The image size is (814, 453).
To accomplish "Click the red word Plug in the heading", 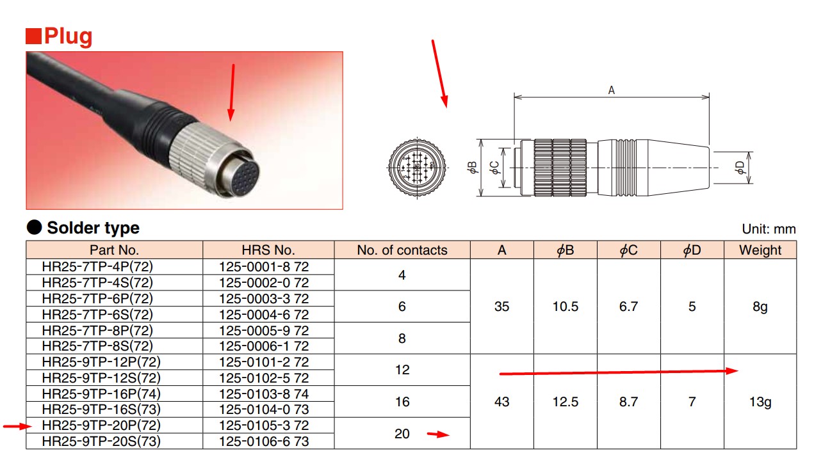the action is click(x=69, y=37).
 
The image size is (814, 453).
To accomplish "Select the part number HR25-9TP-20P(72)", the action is click(x=101, y=425).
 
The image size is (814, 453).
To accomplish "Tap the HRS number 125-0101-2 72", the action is click(x=264, y=362).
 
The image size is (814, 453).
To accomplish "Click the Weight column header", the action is click(x=760, y=250).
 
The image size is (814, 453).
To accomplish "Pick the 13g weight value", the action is click(x=760, y=402).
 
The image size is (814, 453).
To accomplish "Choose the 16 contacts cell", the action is click(x=402, y=402).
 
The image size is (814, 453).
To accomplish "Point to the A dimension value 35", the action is click(x=502, y=306).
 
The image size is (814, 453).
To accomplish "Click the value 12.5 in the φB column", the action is click(x=566, y=402).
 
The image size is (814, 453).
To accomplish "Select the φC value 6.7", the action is click(x=629, y=306).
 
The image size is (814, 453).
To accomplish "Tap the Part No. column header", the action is click(x=114, y=250).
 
